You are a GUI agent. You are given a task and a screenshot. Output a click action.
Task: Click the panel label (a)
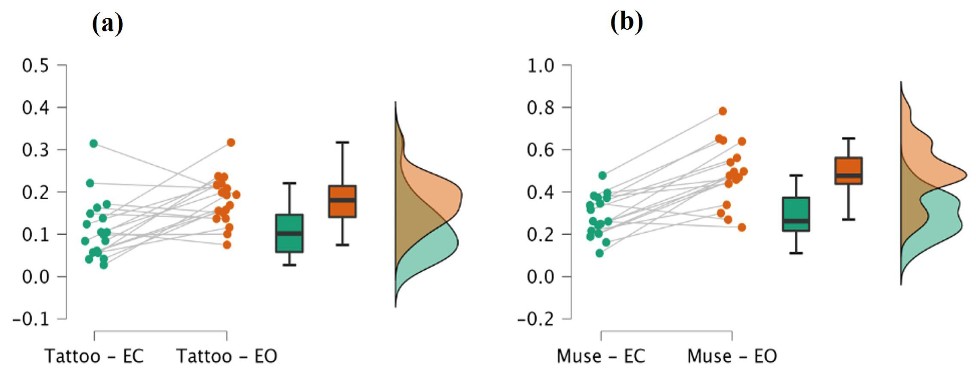(x=107, y=24)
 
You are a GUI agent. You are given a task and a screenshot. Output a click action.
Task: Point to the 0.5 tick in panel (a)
(x=36, y=66)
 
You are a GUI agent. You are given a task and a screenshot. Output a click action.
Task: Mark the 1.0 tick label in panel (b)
(x=540, y=66)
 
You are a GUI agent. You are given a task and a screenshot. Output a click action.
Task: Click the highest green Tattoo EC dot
(x=93, y=143)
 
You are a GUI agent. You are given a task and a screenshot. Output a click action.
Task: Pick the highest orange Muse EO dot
(x=722, y=111)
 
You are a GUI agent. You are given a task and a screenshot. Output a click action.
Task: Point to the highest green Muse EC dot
(x=602, y=176)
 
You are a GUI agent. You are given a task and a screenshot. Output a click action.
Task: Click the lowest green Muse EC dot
(x=599, y=253)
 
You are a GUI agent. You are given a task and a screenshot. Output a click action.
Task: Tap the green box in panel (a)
(x=289, y=233)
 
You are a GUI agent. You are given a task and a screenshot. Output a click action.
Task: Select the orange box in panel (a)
(x=342, y=201)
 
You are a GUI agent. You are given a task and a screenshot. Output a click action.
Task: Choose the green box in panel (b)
(x=796, y=214)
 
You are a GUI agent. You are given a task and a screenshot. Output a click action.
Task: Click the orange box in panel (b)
(x=849, y=171)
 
